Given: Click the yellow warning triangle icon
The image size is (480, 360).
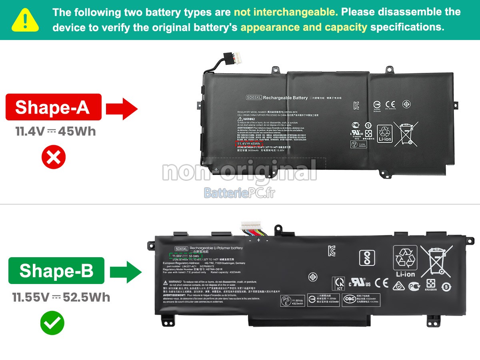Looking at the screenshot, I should (x=25, y=20).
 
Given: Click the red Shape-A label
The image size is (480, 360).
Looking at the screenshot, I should (x=53, y=107).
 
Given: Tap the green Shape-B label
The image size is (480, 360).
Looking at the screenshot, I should (x=56, y=271).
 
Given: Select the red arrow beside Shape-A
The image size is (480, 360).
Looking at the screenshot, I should (x=122, y=108).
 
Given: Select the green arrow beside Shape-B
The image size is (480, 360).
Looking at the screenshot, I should (x=126, y=272).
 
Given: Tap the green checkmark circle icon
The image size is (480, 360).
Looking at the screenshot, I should (x=52, y=323).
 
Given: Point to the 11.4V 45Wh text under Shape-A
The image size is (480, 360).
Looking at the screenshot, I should (x=56, y=132).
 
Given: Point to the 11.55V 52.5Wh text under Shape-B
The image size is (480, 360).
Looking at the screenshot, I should (x=61, y=297).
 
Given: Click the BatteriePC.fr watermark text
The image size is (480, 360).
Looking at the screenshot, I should (x=239, y=193).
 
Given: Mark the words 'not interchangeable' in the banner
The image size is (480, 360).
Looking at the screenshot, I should (x=286, y=12).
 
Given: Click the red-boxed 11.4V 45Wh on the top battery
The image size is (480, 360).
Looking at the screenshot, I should (x=248, y=143).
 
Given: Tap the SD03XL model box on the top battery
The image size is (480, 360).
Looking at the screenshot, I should (x=254, y=98).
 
